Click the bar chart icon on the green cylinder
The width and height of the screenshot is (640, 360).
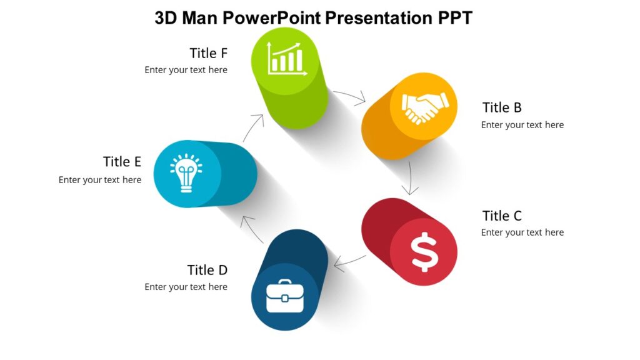pyautogui.click(x=286, y=59)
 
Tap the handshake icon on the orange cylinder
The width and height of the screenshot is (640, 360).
pyautogui.click(x=424, y=107)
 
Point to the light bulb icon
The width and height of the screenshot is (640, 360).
pyautogui.click(x=186, y=173)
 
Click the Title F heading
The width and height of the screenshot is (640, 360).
pyautogui.click(x=209, y=53)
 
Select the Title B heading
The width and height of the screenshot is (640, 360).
pyautogui.click(x=502, y=107)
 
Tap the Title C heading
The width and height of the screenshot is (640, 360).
pyautogui.click(x=502, y=216)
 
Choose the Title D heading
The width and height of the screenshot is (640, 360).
pyautogui.click(x=207, y=270)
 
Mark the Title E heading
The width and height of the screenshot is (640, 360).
pyautogui.click(x=122, y=162)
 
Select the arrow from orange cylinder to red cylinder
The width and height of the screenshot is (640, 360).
pyautogui.click(x=410, y=179)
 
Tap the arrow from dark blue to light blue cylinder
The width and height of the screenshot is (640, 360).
pyautogui.click(x=253, y=229)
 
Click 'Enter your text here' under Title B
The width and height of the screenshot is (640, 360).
pyautogui.click(x=522, y=125)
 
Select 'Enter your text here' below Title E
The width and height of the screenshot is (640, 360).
pyautogui.click(x=100, y=180)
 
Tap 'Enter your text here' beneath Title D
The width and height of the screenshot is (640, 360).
pyautogui.click(x=186, y=287)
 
